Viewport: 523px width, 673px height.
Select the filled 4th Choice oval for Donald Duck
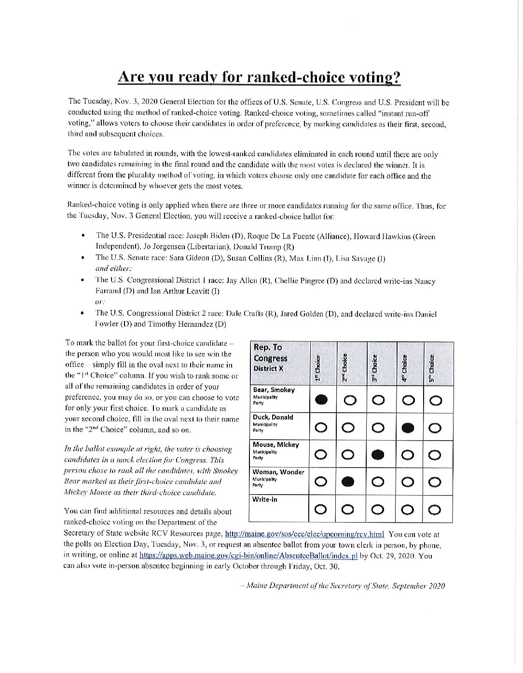click(408, 427)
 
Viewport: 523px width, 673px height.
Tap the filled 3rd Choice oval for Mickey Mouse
click(379, 454)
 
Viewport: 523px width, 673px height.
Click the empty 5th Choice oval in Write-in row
click(435, 509)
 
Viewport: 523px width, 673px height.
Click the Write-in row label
click(265, 499)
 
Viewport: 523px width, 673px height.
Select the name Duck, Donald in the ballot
click(273, 417)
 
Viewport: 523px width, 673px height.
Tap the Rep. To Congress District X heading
click(271, 358)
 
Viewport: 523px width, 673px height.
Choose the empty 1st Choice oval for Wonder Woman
click(321, 481)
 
